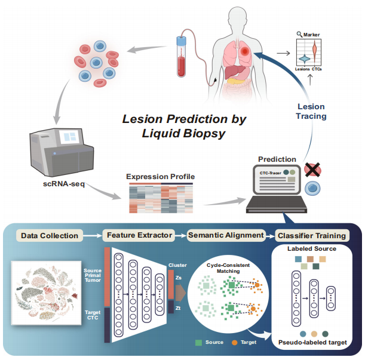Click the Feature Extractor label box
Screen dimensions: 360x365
[x=140, y=235]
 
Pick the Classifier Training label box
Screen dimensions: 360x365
[x=311, y=235]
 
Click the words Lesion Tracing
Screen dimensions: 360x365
[x=312, y=112]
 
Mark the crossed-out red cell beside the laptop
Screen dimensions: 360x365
[x=311, y=170]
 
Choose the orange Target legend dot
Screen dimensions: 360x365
[x=235, y=343]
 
